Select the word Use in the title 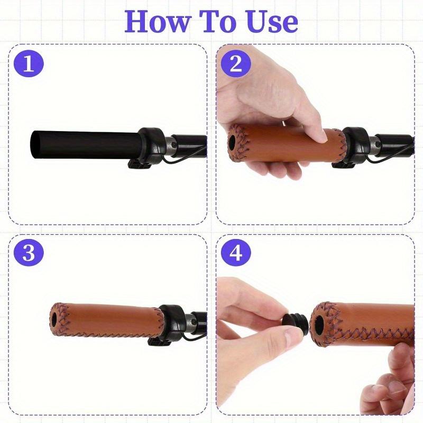pos(271,22)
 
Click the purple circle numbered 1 pos(29,64)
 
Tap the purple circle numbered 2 pos(236,64)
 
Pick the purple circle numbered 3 pos(29,253)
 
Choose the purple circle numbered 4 pos(236,253)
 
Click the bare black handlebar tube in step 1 pos(85,144)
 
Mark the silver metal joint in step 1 pos(169,146)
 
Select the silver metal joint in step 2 pos(373,146)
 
